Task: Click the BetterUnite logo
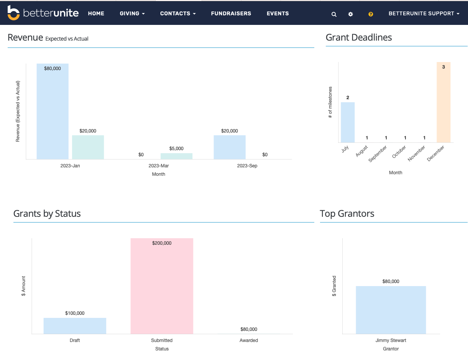[43, 13]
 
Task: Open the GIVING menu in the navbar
[132, 13]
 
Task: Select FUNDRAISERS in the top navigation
[231, 13]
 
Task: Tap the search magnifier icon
[334, 14]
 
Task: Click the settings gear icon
[350, 14]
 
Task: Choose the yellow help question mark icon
[371, 14]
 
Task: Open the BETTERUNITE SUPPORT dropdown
[424, 13]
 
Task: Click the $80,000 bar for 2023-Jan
[53, 111]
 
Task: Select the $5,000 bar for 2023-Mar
[176, 156]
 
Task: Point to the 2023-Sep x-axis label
[247, 166]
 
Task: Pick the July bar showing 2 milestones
[348, 122]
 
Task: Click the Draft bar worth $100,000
[75, 326]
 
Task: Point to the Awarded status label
[249, 340]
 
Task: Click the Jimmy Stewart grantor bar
[391, 310]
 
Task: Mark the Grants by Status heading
[47, 213]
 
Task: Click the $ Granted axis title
[334, 286]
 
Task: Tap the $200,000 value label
[162, 243]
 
